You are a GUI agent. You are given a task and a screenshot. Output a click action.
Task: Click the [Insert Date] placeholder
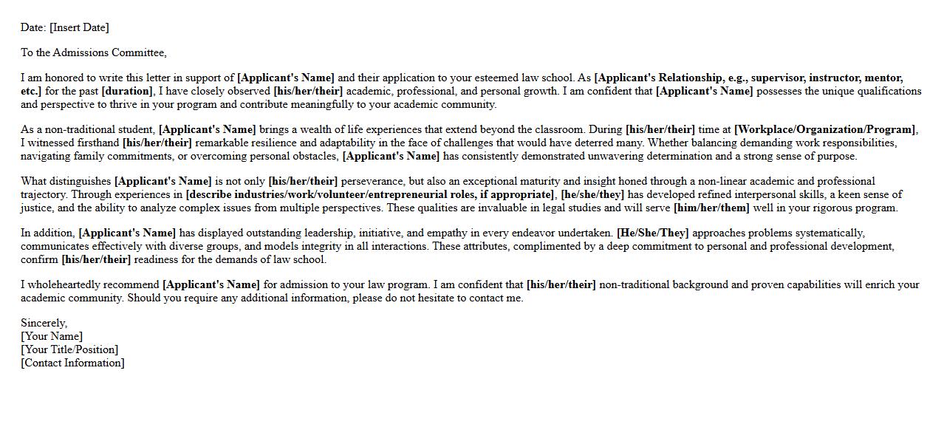click(x=79, y=28)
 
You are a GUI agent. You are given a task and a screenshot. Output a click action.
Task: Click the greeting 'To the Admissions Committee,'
click(x=94, y=53)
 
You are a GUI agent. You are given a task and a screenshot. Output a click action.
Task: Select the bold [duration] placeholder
click(x=127, y=92)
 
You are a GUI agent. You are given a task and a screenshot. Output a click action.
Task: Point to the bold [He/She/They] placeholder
click(x=652, y=233)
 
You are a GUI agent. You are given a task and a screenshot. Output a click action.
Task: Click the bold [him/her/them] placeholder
click(x=711, y=208)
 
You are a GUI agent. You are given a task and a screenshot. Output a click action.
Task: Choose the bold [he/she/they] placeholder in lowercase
click(x=592, y=195)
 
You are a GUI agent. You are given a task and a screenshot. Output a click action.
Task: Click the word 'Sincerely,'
click(x=44, y=324)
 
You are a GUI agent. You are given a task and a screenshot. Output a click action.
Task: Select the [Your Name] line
click(x=52, y=337)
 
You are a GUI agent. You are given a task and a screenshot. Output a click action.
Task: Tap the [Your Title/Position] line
click(x=69, y=350)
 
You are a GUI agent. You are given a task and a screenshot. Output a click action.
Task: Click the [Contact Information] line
click(x=72, y=363)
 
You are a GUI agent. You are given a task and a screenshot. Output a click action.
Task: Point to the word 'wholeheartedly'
click(x=124, y=285)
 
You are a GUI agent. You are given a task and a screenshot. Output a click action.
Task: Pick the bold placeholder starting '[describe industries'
click(x=370, y=195)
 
